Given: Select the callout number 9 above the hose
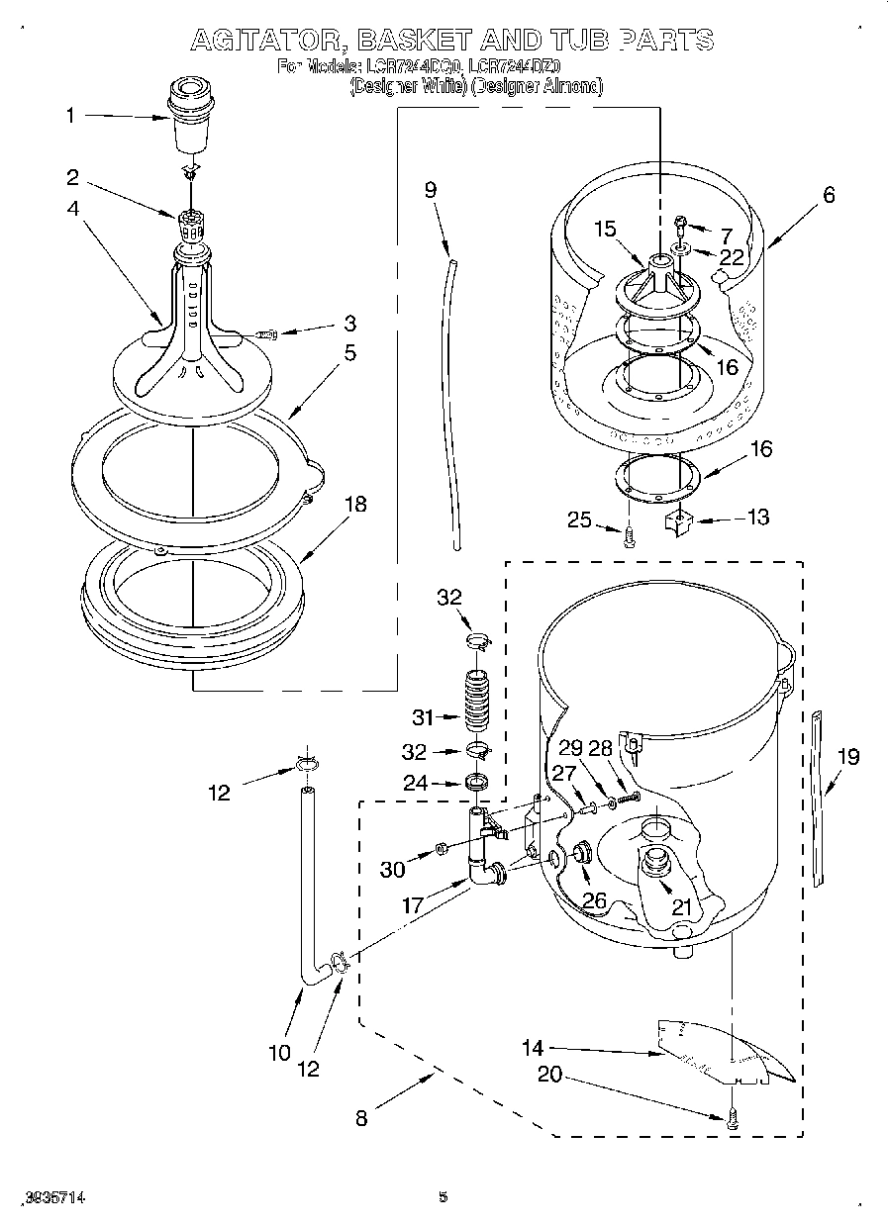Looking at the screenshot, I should (x=430, y=190).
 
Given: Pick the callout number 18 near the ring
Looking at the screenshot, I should (x=353, y=504).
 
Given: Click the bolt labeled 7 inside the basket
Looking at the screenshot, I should (x=680, y=226).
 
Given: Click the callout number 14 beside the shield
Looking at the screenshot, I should (x=533, y=1047).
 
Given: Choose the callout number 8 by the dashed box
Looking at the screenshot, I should (x=361, y=1118).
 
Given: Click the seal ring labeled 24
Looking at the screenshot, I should (x=477, y=784).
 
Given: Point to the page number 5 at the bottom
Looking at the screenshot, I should (x=444, y=1197).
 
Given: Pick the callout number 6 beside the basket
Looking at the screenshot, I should (x=828, y=195).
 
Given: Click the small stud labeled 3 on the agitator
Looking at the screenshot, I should (x=265, y=335).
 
